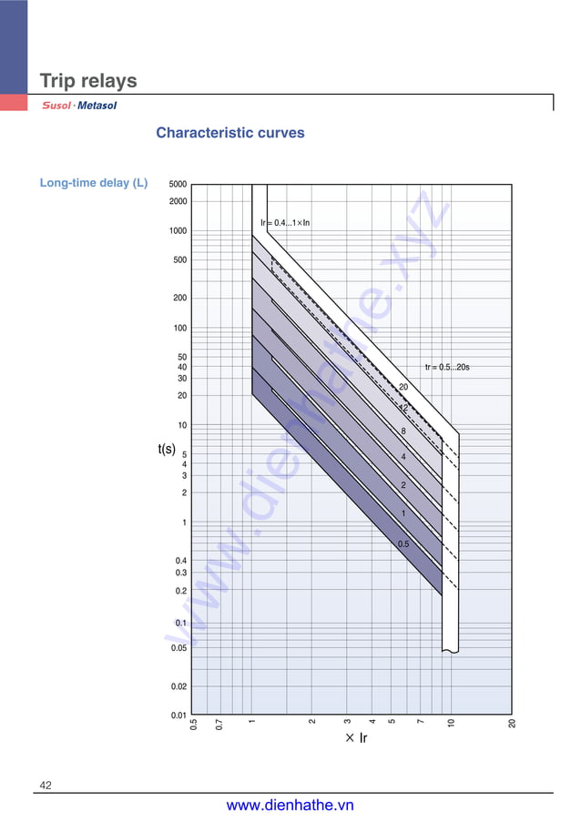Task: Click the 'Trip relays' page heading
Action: click(88, 81)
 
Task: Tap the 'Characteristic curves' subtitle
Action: click(230, 133)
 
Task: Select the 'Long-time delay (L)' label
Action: click(94, 183)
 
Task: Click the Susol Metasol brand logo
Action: click(80, 106)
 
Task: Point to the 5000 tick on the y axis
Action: click(178, 184)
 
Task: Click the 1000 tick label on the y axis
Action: click(178, 231)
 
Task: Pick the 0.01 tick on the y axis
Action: click(178, 715)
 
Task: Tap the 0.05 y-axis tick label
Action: click(178, 648)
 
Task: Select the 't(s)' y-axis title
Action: click(167, 449)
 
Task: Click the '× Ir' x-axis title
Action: click(356, 738)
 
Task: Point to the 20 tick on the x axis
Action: click(513, 724)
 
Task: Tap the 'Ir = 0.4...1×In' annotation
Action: click(285, 222)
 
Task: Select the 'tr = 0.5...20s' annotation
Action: click(447, 368)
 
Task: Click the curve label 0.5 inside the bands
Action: click(403, 544)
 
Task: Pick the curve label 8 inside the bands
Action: click(403, 431)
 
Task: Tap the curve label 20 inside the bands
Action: click(403, 388)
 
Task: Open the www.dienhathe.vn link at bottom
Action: click(290, 806)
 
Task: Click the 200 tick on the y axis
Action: click(178, 298)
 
